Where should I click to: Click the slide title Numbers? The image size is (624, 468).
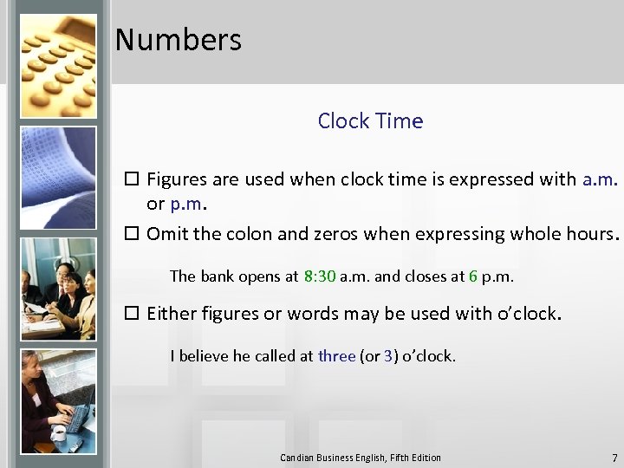point(178,40)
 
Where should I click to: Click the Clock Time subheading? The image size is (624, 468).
point(370,121)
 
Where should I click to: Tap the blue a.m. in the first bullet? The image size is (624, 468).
point(600,180)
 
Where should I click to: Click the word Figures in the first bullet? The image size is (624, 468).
point(177,180)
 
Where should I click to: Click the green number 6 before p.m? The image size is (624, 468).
point(473,276)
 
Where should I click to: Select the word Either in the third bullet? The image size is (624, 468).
point(172,313)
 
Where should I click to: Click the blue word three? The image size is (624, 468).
point(336,355)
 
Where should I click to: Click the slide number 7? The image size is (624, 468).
point(614,458)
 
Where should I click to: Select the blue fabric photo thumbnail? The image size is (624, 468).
point(58,178)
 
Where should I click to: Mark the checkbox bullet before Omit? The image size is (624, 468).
point(133,234)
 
